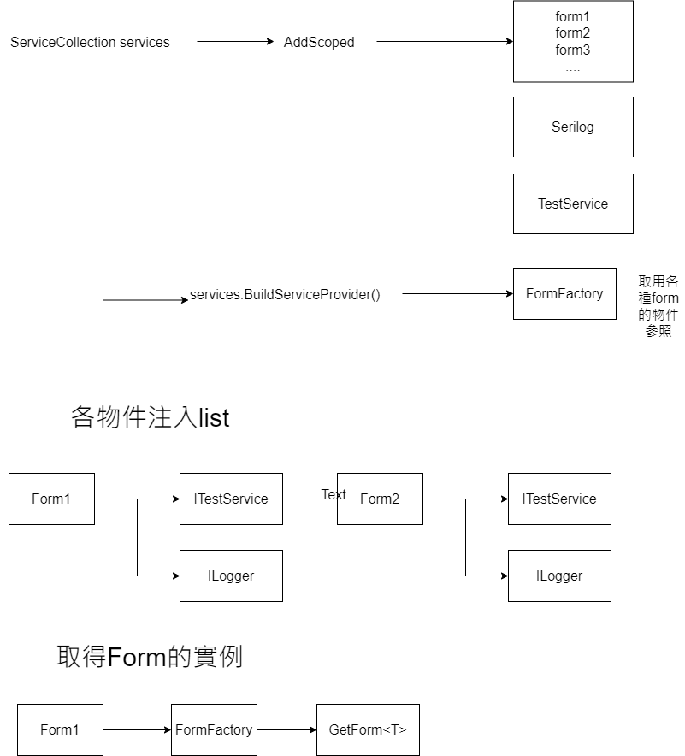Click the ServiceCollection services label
90,42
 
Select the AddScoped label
318,42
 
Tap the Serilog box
573,127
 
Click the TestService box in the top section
573,204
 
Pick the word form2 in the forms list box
573,32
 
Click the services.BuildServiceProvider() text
285,294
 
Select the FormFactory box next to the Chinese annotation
564,293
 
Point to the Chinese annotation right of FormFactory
658,306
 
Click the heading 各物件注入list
150,417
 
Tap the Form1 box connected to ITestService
51,499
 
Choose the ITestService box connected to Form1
231,499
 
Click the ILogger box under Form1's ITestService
231,576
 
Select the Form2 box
380,499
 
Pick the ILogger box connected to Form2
559,576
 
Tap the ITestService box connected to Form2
559,499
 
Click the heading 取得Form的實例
150,657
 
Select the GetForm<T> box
368,729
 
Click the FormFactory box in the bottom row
214,729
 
